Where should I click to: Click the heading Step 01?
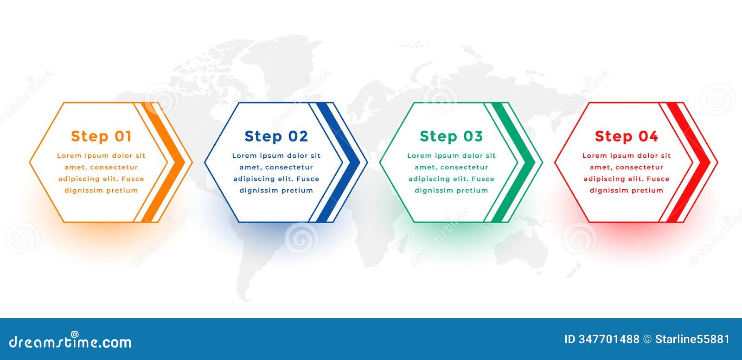pos(101,136)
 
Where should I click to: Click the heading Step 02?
pos(276,136)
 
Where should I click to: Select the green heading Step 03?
pos(451,136)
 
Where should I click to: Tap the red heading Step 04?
pos(626,136)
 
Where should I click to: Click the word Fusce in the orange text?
pos(133,179)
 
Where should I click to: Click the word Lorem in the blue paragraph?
pos(244,156)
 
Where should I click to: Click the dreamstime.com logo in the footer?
pos(70,342)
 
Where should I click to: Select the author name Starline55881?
pos(692,340)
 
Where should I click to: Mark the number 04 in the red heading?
pos(648,136)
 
